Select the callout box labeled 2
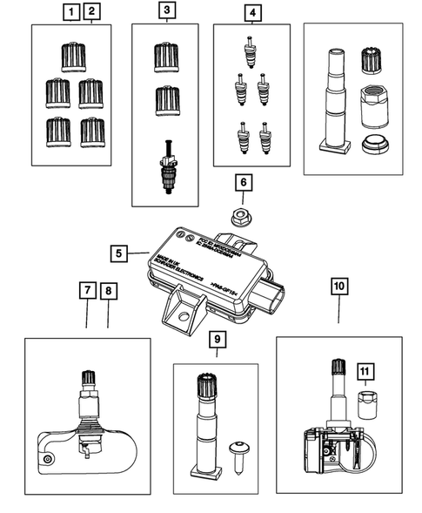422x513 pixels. click(x=90, y=12)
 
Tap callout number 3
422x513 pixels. click(x=165, y=12)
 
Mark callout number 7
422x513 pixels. click(x=87, y=292)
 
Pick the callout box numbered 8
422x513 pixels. click(x=108, y=292)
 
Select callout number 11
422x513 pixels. click(x=366, y=373)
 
